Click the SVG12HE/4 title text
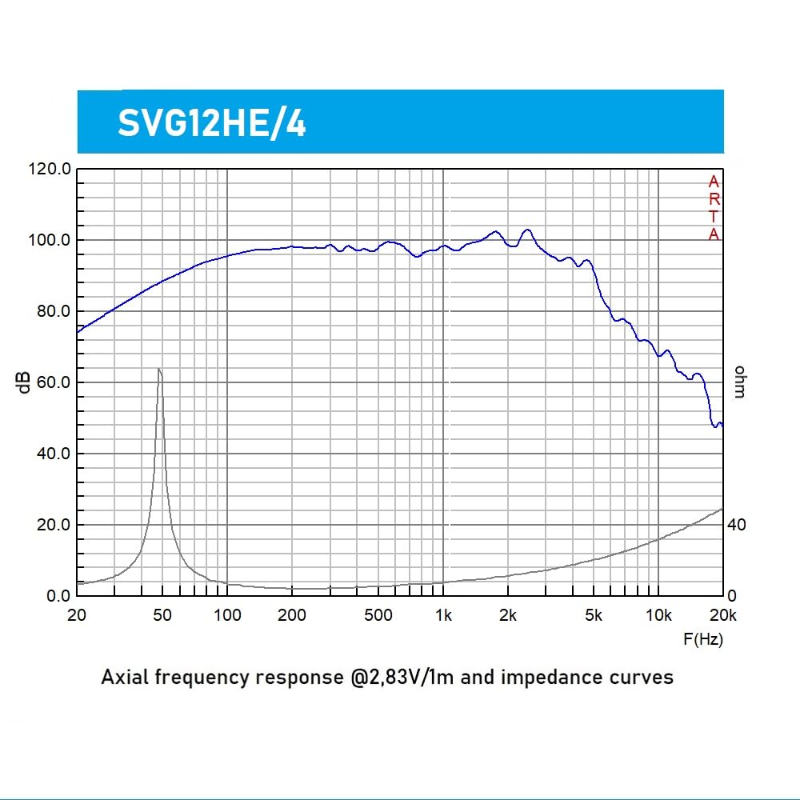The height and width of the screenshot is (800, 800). pos(212,123)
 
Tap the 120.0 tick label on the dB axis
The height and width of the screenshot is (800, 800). pos(50,169)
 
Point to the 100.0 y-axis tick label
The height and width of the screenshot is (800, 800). pos(50,240)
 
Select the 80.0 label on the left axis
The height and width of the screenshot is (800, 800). pos(54,311)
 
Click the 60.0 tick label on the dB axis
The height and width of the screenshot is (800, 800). pos(54,382)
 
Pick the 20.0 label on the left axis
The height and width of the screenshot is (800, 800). pos(54,525)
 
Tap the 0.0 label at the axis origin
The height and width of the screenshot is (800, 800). pos(58,596)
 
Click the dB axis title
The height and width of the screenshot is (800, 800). pos(23,382)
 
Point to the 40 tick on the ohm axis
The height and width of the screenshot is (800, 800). pos(737,525)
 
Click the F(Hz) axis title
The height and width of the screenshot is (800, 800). pos(703,639)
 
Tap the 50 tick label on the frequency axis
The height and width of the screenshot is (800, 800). pos(162,615)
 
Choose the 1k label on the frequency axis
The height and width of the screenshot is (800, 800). pos(443,615)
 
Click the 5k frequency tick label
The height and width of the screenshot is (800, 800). pos(594,615)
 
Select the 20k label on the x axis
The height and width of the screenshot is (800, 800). pos(723,615)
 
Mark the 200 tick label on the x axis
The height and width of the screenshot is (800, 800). pos(292,615)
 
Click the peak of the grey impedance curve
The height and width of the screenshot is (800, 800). pos(158,368)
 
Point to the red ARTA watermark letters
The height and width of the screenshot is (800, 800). pos(714,208)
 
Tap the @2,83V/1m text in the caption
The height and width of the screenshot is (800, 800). pos(402,678)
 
